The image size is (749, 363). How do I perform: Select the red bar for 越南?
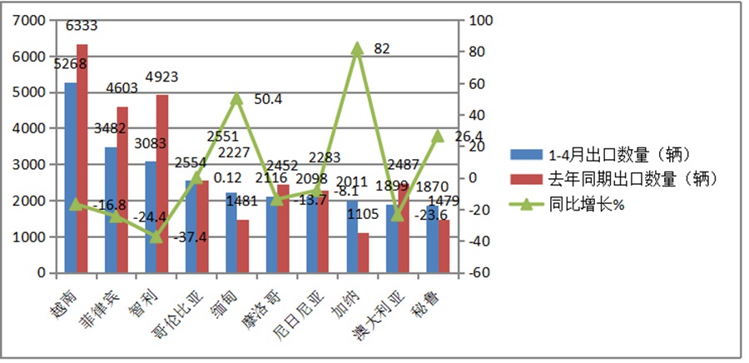pyautogui.click(x=82, y=158)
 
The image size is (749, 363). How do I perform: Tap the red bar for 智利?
pyautogui.click(x=162, y=183)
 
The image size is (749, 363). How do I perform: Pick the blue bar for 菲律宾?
pyautogui.click(x=111, y=210)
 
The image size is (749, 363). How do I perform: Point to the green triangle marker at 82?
pyautogui.click(x=357, y=49)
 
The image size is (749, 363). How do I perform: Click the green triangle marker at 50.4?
pyautogui.click(x=236, y=98)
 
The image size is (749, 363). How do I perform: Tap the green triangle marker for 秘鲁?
pyautogui.click(x=438, y=136)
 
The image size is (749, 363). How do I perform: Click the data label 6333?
pyautogui.click(x=82, y=27)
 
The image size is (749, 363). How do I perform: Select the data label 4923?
pyautogui.click(x=163, y=77)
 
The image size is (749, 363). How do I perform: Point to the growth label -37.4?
pyautogui.click(x=191, y=237)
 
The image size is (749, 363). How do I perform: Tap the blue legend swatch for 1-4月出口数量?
pyautogui.click(x=525, y=154)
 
